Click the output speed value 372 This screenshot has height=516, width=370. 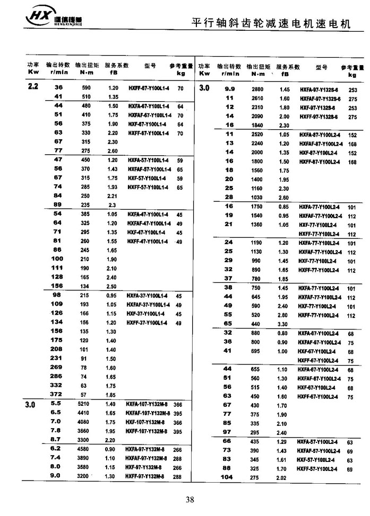[57, 395]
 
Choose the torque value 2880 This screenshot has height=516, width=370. [257, 90]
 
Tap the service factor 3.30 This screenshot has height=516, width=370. [284, 324]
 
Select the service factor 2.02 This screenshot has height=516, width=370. [284, 477]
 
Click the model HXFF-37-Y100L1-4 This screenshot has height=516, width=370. [147, 323]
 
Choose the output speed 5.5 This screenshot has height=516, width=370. [56, 404]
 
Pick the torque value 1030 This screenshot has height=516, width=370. [257, 198]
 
